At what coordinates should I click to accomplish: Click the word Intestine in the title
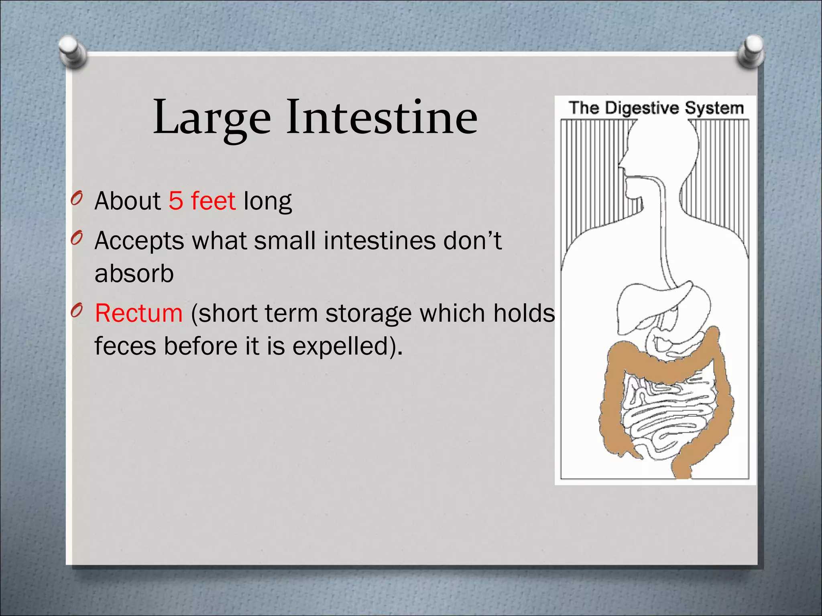coord(381,117)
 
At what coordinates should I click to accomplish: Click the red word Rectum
coord(139,313)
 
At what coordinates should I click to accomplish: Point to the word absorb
coord(134,274)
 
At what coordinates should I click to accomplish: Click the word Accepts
coord(139,241)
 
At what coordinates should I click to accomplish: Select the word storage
coord(368,313)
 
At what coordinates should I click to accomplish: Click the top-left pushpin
coord(72,51)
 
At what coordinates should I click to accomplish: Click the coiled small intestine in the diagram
coord(666,413)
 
